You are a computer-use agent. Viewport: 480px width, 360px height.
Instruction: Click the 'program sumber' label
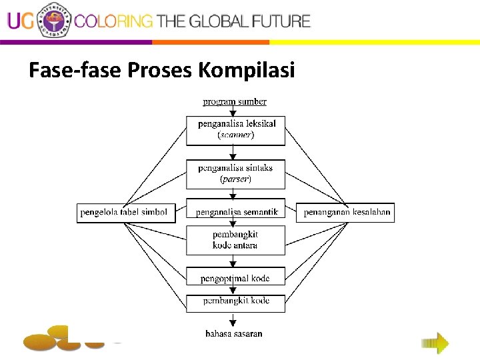pyautogui.click(x=235, y=101)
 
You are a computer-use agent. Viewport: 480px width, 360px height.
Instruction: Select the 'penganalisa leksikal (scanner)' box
pyautogui.click(x=235, y=130)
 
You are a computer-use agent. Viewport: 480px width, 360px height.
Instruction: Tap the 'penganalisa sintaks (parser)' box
pyautogui.click(x=235, y=174)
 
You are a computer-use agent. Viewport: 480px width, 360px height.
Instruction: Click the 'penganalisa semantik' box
pyautogui.click(x=236, y=212)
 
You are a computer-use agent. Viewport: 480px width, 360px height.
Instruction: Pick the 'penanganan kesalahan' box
pyautogui.click(x=345, y=213)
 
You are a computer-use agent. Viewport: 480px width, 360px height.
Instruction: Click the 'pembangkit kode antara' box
pyautogui.click(x=235, y=240)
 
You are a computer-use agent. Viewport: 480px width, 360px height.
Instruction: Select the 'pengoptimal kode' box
pyautogui.click(x=235, y=277)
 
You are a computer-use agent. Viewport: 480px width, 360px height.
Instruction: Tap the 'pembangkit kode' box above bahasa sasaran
pyautogui.click(x=235, y=301)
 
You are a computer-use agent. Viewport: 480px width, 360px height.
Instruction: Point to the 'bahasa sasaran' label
pyautogui.click(x=234, y=333)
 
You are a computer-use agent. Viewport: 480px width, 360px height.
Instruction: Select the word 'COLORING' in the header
pyautogui.click(x=113, y=21)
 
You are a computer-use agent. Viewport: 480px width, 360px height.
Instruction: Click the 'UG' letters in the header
pyautogui.click(x=21, y=21)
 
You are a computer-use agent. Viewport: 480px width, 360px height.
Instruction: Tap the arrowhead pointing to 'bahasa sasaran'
pyautogui.click(x=233, y=323)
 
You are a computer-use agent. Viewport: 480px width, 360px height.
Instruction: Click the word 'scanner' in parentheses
pyautogui.click(x=235, y=135)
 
